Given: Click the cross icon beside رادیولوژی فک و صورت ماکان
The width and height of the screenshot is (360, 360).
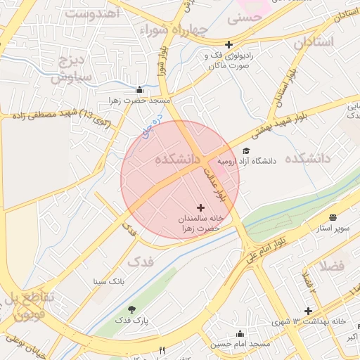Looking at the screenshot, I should (229, 44).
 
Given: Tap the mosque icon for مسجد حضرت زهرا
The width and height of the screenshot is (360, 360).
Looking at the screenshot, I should (139, 89).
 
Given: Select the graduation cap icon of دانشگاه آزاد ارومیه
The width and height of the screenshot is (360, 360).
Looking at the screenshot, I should (246, 150).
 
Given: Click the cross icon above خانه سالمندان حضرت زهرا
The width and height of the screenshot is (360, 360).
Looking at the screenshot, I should (201, 207).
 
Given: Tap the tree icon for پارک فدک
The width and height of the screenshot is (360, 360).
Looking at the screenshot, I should (131, 309).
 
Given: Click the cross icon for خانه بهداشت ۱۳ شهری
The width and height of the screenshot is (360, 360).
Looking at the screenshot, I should (308, 311).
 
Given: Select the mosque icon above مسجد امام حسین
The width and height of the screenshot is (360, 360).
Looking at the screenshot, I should (240, 333).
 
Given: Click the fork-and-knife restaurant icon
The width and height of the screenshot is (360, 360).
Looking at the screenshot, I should (162, 350).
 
